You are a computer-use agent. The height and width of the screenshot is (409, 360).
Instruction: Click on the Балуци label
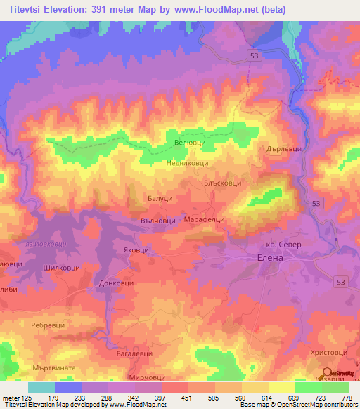(160, 200)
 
